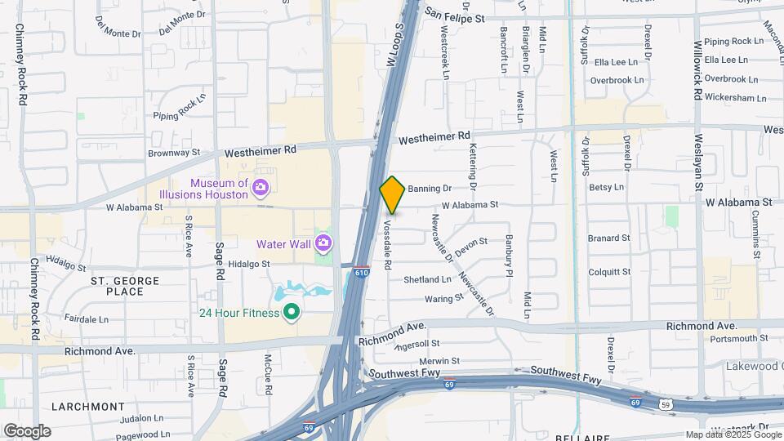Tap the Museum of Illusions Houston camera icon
[x=261, y=189]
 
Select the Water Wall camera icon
[x=323, y=243]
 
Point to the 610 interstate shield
[x=360, y=278]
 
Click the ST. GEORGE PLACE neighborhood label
[x=125, y=286]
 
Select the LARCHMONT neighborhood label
[x=87, y=406]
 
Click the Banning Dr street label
[x=430, y=189]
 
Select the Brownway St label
[x=174, y=153]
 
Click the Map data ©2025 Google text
[x=733, y=435]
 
